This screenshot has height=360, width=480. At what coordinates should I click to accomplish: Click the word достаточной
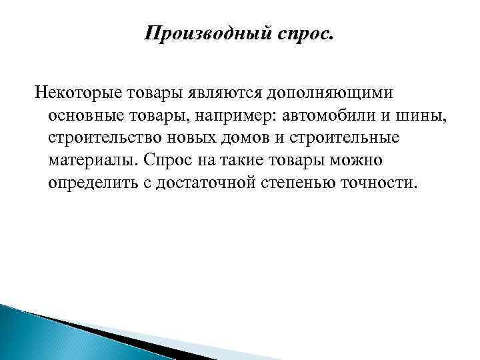click(x=204, y=183)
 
